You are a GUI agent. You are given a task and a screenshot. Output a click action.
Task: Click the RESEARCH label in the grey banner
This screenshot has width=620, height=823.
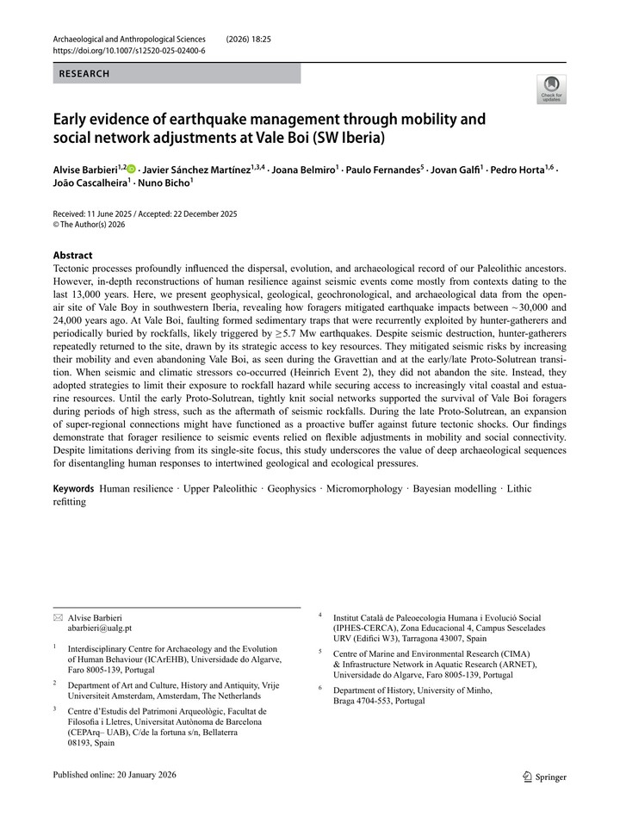[x=84, y=74]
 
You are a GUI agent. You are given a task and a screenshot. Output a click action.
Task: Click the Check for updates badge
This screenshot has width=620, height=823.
[x=551, y=89]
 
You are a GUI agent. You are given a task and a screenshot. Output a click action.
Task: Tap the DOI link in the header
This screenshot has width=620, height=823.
[x=129, y=51]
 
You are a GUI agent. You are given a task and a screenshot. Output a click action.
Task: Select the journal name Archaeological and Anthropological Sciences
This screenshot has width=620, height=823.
[x=129, y=39]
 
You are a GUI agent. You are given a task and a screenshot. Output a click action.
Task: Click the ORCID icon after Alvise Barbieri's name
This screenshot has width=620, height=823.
[x=132, y=170]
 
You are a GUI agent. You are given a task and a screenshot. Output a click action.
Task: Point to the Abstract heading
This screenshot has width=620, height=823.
[x=72, y=255]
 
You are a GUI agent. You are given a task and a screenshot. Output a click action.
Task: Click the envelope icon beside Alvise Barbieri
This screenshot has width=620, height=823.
[x=57, y=616]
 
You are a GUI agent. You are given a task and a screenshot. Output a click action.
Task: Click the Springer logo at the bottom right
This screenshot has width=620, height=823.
[x=545, y=777]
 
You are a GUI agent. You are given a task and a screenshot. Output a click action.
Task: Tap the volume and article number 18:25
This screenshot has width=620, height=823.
[x=259, y=39]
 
